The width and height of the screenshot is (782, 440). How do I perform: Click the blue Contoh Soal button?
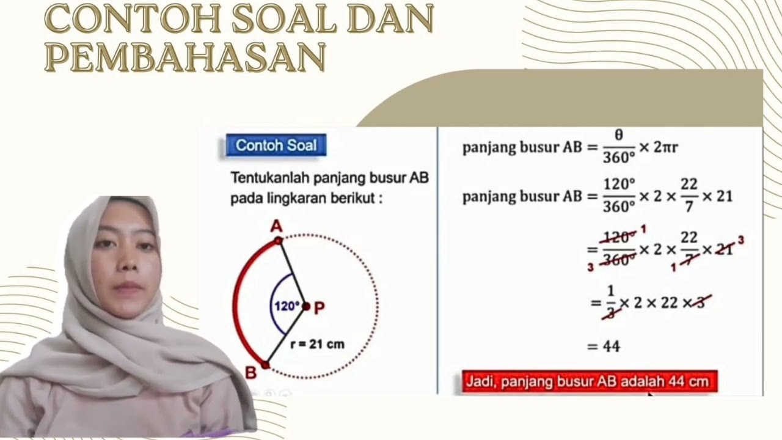pos(276,145)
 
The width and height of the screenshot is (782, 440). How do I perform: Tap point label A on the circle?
pos(277,227)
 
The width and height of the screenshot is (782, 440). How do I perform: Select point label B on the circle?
pos(250,372)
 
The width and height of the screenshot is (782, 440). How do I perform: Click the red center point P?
pos(306,306)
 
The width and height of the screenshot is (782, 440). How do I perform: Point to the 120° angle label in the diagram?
pos(286,306)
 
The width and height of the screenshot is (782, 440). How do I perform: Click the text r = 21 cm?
pos(317,344)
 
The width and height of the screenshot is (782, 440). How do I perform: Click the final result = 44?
pos(604,346)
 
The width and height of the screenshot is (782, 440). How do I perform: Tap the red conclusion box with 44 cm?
pos(590,382)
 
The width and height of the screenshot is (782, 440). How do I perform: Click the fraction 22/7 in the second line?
pos(690,196)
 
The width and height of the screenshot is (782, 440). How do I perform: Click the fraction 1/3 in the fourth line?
pos(610,302)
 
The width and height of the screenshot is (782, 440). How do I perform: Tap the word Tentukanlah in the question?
pos(269,178)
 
